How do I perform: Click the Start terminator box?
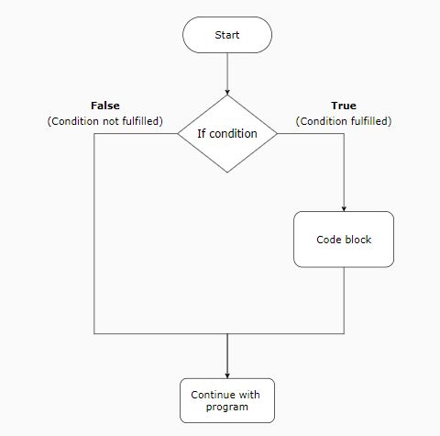point(227,35)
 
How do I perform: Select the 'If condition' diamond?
point(227,134)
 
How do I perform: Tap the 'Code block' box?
point(344,240)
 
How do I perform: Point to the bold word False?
point(104,106)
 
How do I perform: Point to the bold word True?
point(344,106)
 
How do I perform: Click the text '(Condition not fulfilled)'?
point(104,121)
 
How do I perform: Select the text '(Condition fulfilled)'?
point(344,121)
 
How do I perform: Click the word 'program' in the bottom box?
point(227,407)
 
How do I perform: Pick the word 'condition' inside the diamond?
point(236,134)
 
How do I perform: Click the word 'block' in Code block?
point(357,240)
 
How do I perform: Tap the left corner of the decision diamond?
point(177,134)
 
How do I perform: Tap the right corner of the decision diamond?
point(278,134)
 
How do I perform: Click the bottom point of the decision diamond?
point(227,173)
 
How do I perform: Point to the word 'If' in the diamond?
point(203,134)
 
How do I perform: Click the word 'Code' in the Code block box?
point(329,240)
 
